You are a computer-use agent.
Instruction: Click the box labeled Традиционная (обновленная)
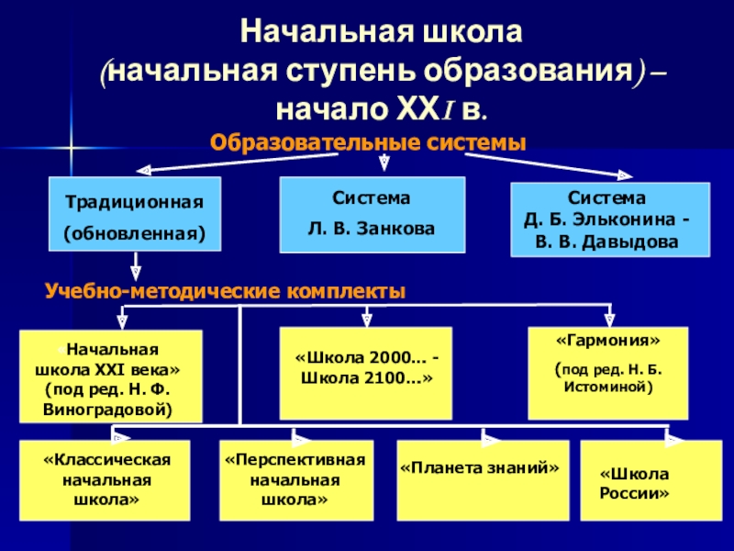(x=135, y=216)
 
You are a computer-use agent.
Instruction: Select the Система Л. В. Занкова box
(x=371, y=215)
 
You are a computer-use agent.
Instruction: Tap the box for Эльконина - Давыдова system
(x=609, y=220)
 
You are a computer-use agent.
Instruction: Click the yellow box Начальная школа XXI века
(x=110, y=377)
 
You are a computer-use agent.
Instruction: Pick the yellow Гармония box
(x=607, y=372)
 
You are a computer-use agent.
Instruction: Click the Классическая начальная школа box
(x=106, y=479)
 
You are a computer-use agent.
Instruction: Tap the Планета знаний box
(x=480, y=479)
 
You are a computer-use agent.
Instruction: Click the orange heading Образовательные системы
(x=368, y=143)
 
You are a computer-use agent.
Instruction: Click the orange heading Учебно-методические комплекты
(x=225, y=291)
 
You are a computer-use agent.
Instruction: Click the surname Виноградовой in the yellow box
(x=107, y=405)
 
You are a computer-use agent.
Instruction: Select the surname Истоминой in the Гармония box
(x=607, y=388)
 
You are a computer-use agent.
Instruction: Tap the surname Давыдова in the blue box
(x=634, y=243)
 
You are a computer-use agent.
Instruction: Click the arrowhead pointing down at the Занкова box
(x=384, y=164)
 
